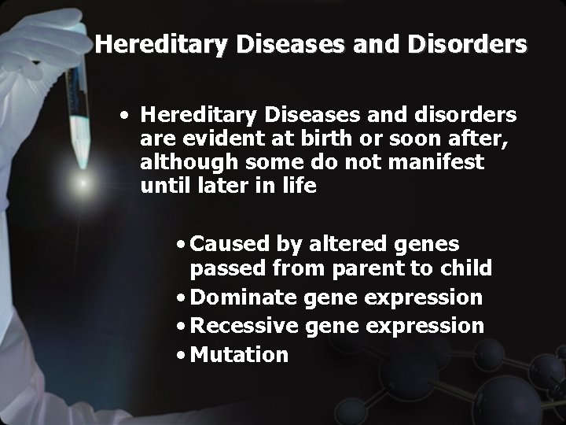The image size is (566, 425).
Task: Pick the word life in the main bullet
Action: tap(300, 187)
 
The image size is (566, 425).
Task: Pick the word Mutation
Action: tap(239, 354)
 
